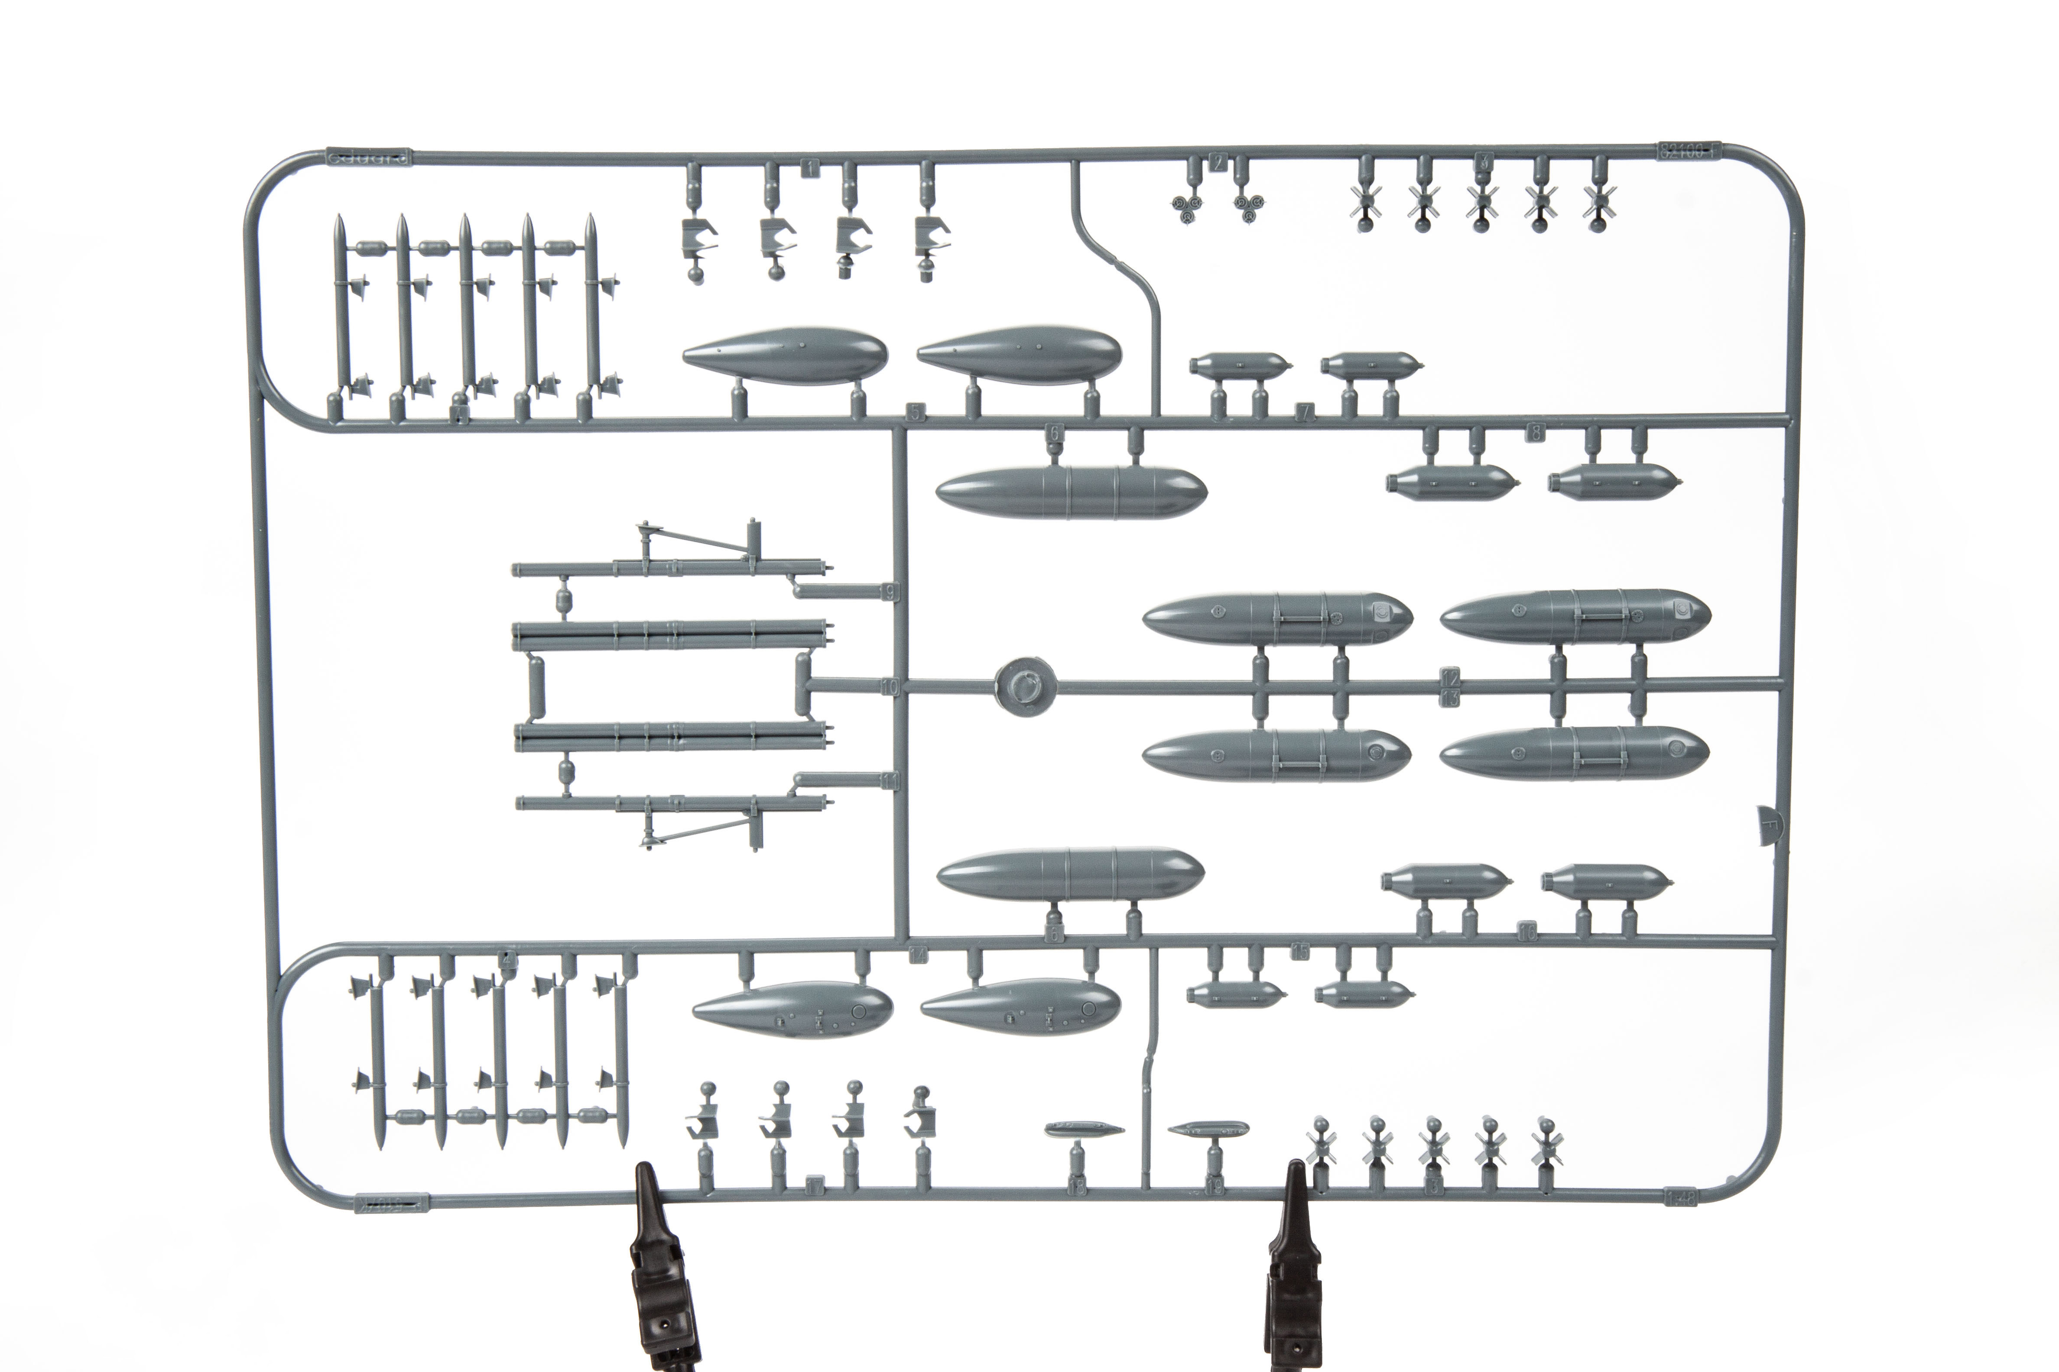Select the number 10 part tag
coord(890,688)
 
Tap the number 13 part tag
coord(1451,697)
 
